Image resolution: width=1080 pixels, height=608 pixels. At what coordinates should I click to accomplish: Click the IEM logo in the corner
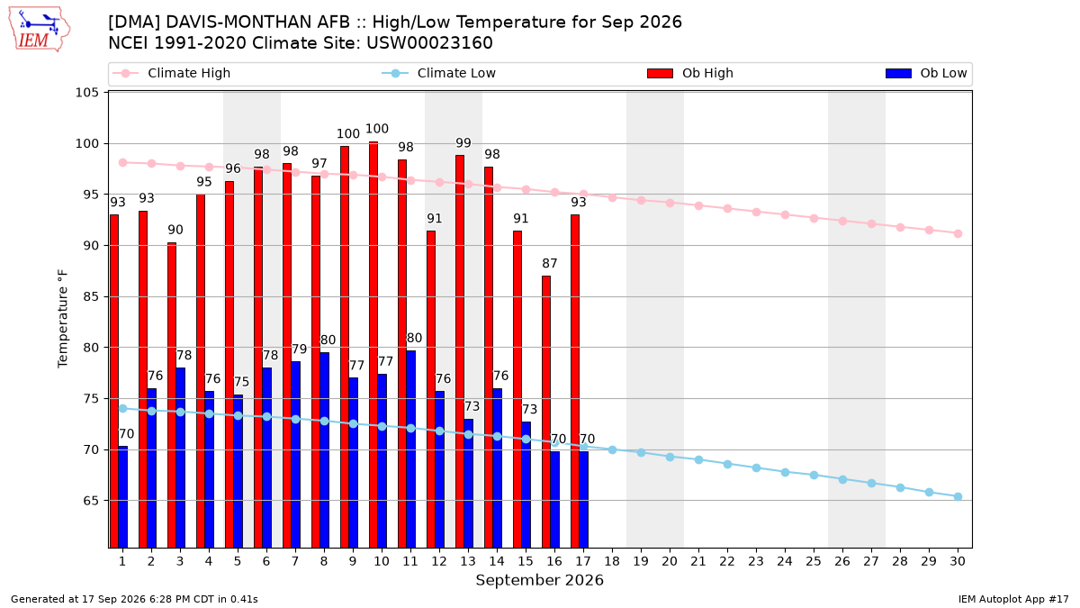coord(40,30)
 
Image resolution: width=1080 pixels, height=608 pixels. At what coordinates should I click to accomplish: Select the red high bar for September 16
coord(545,412)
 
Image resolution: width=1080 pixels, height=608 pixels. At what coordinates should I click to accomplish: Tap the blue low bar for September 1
coord(123,497)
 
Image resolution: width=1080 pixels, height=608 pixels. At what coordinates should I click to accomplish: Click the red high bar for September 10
coord(373,345)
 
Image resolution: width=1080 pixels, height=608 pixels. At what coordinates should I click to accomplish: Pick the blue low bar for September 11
coord(410,449)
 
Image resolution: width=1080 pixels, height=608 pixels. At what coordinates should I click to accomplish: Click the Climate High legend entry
coord(172,73)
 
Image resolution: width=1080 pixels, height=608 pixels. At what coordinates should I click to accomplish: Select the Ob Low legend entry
coord(926,73)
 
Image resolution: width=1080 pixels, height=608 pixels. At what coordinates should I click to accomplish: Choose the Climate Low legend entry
coord(439,73)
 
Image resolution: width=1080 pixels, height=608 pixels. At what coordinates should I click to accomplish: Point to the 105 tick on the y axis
coord(86,92)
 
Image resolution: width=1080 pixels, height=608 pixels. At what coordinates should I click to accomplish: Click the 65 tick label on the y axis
coord(91,501)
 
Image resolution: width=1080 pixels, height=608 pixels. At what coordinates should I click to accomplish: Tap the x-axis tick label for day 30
coord(958,561)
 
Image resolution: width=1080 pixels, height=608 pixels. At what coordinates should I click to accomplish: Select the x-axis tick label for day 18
coord(612,561)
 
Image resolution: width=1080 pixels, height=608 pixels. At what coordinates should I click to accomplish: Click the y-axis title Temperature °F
coord(63,319)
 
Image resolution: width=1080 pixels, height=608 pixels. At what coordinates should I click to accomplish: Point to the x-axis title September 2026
coord(539,580)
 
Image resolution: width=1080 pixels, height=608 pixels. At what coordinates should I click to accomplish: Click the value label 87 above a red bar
coord(550,263)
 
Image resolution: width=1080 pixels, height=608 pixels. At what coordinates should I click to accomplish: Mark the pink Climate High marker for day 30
coord(958,233)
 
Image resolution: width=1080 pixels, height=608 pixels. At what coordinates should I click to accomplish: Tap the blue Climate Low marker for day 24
coord(786,472)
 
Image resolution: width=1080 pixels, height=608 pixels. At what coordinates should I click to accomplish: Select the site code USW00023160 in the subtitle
coord(429,43)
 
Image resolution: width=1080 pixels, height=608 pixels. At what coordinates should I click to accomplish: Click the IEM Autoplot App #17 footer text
coord(1013,599)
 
